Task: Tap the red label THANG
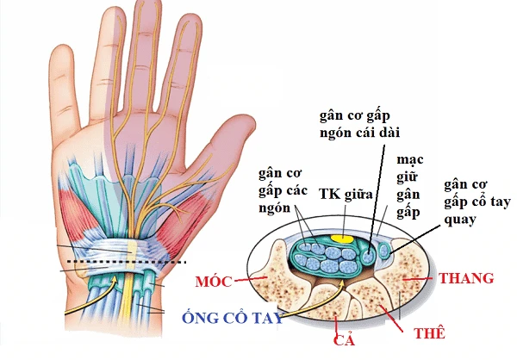pyautogui.click(x=466, y=278)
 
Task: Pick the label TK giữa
pyautogui.click(x=346, y=195)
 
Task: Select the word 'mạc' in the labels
pyautogui.click(x=407, y=161)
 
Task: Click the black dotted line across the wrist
pyautogui.click(x=129, y=260)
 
